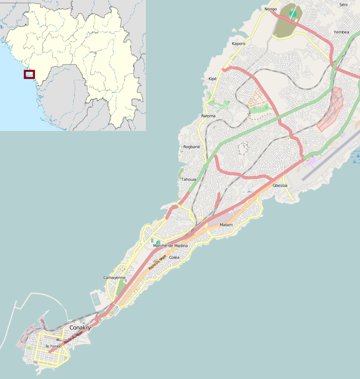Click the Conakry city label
(80, 327)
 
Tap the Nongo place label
(271, 9)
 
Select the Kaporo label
(239, 44)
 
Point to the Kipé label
(212, 79)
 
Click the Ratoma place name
(208, 116)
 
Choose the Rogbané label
(192, 147)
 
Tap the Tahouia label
(189, 180)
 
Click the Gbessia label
(280, 185)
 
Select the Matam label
(226, 225)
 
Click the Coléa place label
(174, 257)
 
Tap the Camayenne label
(114, 278)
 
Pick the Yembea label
(342, 32)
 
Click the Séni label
(343, 4)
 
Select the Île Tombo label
(54, 346)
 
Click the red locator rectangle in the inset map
(29, 74)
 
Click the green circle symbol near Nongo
(293, 14)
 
